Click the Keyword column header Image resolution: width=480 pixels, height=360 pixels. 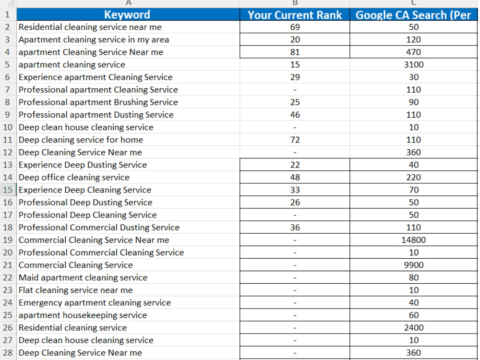pyautogui.click(x=128, y=15)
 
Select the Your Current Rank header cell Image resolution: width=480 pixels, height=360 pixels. pyautogui.click(x=295, y=15)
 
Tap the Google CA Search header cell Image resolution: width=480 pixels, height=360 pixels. pyautogui.click(x=413, y=15)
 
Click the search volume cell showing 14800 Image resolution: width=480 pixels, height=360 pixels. pyautogui.click(x=413, y=240)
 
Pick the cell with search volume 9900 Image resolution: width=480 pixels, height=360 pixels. pyautogui.click(x=414, y=265)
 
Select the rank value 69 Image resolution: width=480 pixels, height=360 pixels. pyautogui.click(x=295, y=27)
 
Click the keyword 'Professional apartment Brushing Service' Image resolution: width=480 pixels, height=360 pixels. pyautogui.click(x=98, y=102)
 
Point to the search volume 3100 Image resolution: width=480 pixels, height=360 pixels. pyautogui.click(x=414, y=65)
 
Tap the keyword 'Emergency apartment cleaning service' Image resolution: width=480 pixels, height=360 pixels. pyautogui.click(x=95, y=303)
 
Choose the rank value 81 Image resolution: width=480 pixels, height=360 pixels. pyautogui.click(x=295, y=52)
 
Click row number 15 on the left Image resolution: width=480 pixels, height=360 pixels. pyautogui.click(x=8, y=190)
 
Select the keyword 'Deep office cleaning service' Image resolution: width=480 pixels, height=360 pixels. pyautogui.click(x=74, y=178)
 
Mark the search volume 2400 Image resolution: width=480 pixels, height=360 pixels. pyautogui.click(x=414, y=328)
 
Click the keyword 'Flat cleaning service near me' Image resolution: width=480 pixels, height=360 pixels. pyautogui.click(x=76, y=290)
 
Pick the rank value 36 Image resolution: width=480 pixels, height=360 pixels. pyautogui.click(x=295, y=228)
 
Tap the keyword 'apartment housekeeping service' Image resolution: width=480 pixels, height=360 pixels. pyautogui.click(x=83, y=315)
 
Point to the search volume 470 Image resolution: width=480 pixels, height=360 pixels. pyautogui.click(x=414, y=52)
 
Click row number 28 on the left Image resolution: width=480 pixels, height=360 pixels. pyautogui.click(x=8, y=353)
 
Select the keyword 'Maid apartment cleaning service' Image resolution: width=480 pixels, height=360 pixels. pyautogui.click(x=83, y=277)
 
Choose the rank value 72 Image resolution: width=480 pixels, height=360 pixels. pyautogui.click(x=295, y=140)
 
